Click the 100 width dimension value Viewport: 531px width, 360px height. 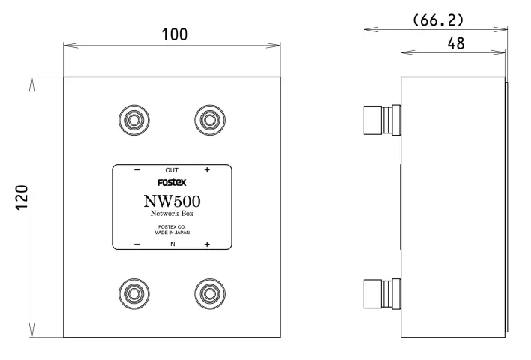point(174,34)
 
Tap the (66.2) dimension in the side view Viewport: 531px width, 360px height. point(439,18)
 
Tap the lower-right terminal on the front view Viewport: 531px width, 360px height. point(209,292)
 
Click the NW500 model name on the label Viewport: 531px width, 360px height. point(172,202)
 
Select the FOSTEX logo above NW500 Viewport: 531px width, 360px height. point(172,183)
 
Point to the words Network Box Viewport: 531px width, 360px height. point(172,214)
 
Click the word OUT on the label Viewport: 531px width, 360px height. point(172,171)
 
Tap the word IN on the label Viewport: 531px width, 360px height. point(172,244)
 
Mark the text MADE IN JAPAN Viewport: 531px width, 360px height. point(172,233)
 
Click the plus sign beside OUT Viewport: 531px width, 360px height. point(207,171)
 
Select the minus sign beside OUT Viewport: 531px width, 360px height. point(136,171)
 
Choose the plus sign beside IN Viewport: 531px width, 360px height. point(207,244)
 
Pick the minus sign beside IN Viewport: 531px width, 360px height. point(136,244)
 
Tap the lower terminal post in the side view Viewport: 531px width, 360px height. point(382,292)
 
